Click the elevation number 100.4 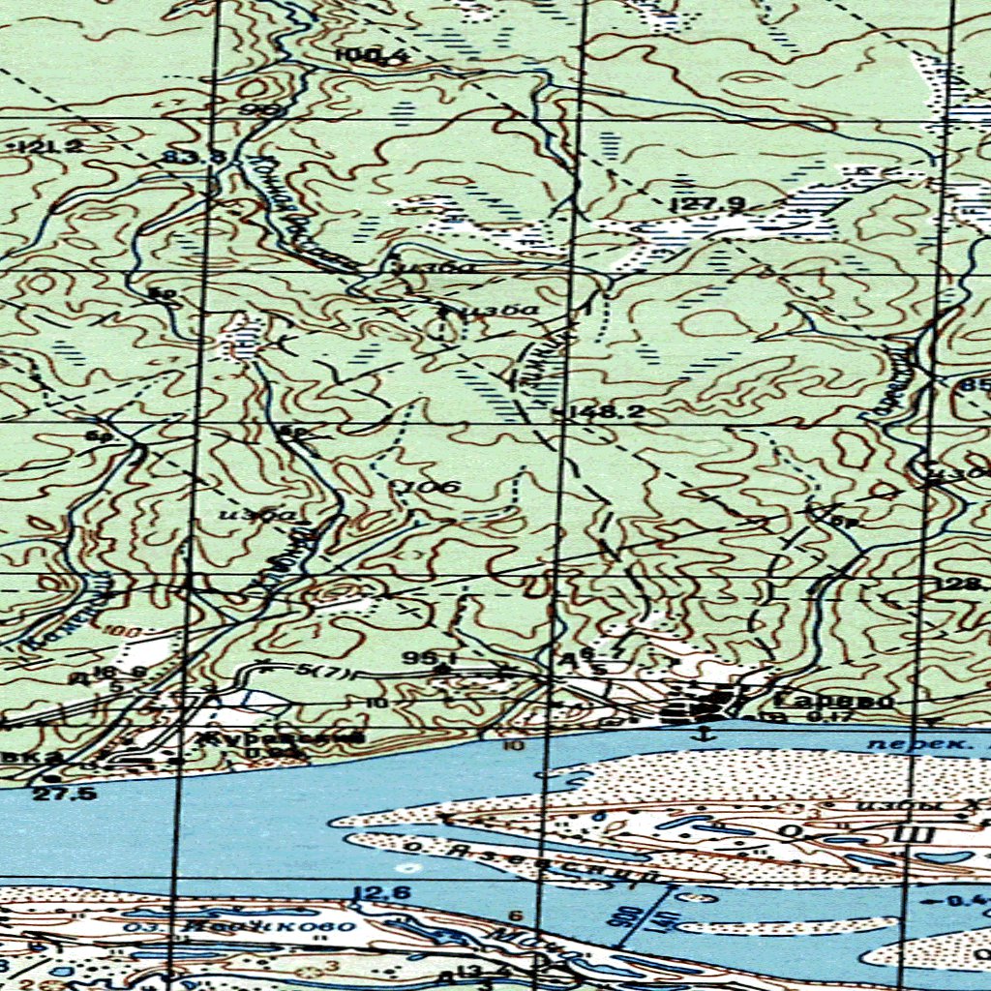tap(372, 56)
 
